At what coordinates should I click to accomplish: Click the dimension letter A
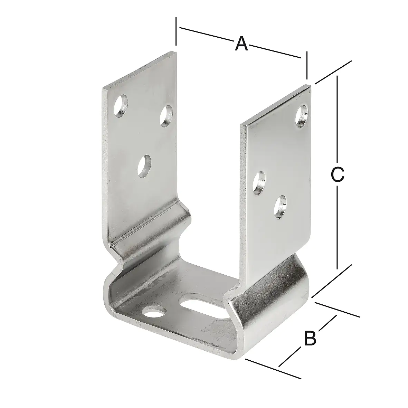(241, 44)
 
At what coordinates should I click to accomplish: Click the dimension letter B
(310, 338)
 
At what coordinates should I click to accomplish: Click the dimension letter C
(338, 174)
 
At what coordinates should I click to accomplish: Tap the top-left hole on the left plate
(121, 106)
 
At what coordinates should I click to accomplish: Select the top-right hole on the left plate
(167, 116)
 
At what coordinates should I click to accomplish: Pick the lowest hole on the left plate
(145, 166)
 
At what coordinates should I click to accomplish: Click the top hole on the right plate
(302, 116)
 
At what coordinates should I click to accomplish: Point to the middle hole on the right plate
(259, 183)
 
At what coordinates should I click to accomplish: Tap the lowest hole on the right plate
(280, 207)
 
